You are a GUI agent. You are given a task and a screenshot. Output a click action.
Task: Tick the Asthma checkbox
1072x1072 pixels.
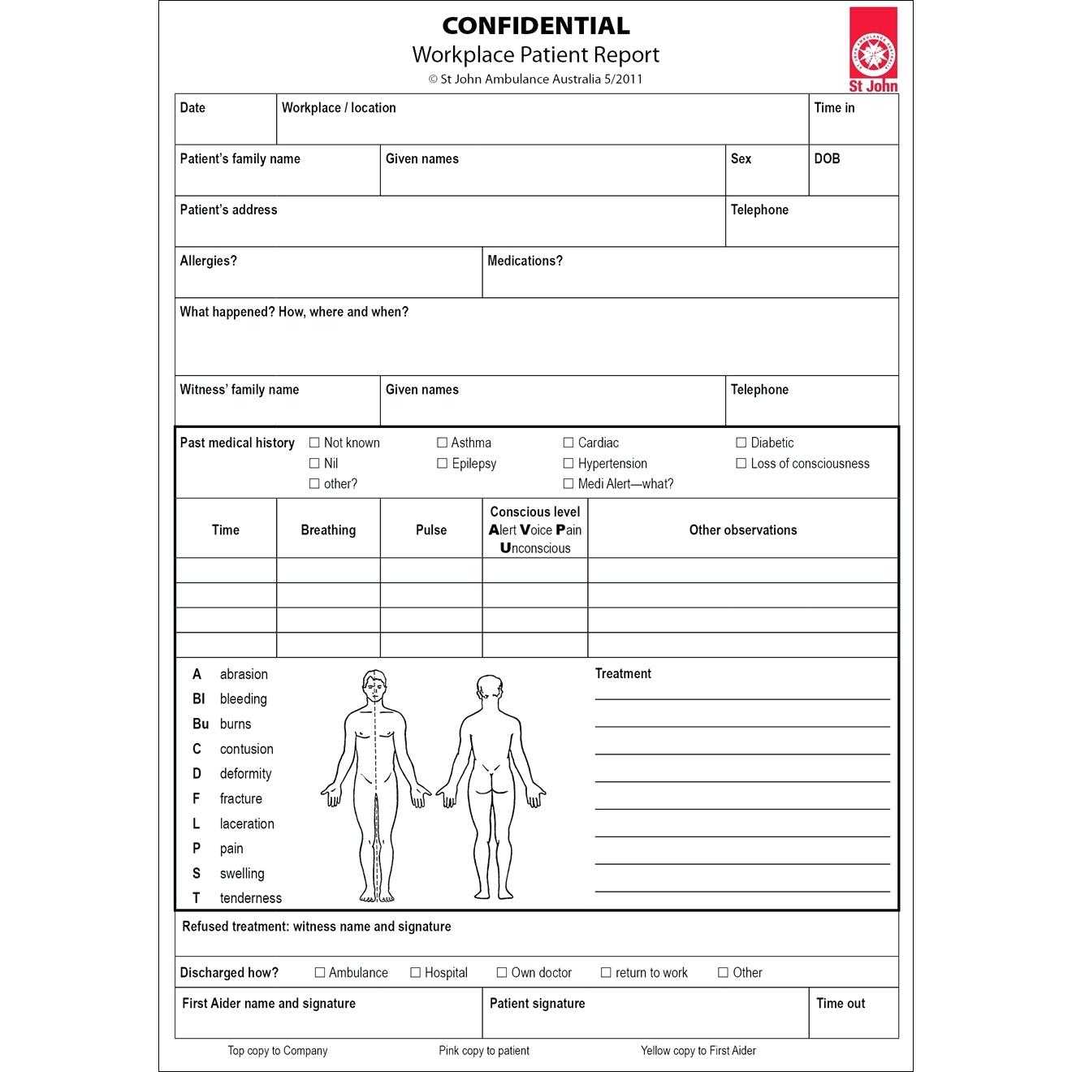tap(442, 443)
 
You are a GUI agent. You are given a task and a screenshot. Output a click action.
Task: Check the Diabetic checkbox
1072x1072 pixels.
tap(741, 443)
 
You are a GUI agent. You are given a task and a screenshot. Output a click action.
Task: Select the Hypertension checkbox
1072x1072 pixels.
tap(568, 464)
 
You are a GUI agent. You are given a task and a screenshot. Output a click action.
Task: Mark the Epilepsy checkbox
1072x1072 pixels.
tap(442, 464)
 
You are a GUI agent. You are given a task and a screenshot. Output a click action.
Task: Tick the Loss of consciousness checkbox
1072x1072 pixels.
tap(741, 464)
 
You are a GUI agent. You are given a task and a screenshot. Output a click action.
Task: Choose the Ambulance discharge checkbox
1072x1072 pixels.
tap(320, 972)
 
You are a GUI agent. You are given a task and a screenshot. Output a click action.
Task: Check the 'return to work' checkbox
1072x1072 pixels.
tap(606, 972)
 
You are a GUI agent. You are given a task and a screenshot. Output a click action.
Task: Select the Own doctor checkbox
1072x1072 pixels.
tap(502, 972)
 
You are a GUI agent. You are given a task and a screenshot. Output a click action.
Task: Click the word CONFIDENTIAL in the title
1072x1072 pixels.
tap(535, 26)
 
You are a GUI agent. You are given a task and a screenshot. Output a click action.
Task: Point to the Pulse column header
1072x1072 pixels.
tap(430, 530)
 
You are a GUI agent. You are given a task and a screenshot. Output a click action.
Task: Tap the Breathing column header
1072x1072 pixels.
tap(328, 530)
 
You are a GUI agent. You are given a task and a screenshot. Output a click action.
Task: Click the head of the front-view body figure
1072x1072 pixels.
tap(374, 687)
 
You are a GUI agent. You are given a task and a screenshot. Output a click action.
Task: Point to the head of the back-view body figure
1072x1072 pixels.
tap(488, 690)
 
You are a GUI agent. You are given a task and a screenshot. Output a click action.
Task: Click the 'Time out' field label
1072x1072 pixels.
tap(841, 1004)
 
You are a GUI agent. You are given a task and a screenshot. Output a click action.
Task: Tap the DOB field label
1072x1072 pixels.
tap(827, 159)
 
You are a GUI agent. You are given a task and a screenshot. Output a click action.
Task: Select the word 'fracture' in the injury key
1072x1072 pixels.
tap(240, 799)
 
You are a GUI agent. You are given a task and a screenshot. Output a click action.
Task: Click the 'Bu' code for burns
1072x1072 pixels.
tap(201, 724)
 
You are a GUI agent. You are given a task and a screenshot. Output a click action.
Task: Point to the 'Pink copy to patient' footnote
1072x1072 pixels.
tap(484, 1051)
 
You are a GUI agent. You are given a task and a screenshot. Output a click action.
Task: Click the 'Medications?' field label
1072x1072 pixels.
tap(525, 262)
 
